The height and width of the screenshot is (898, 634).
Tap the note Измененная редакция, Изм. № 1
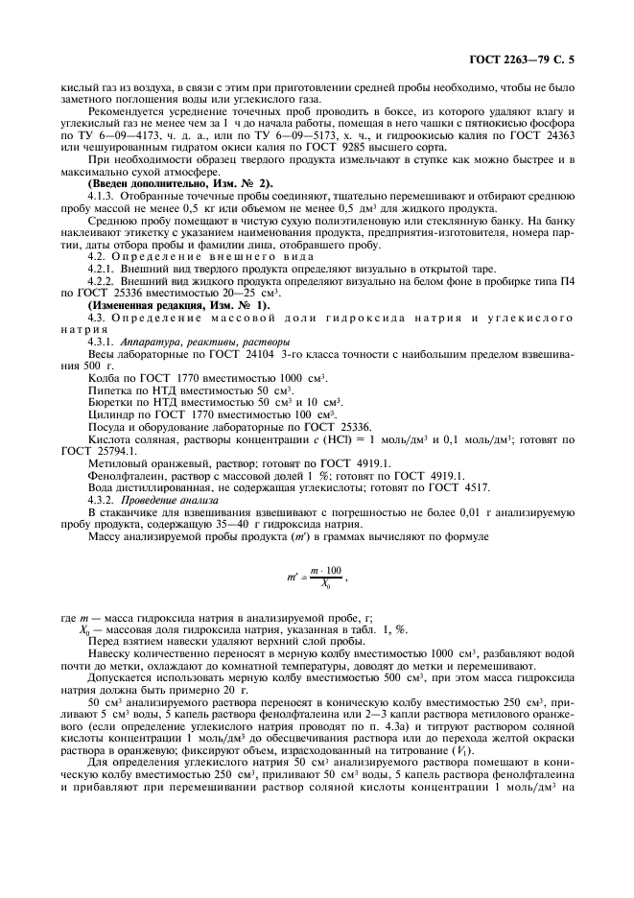click(x=170, y=302)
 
